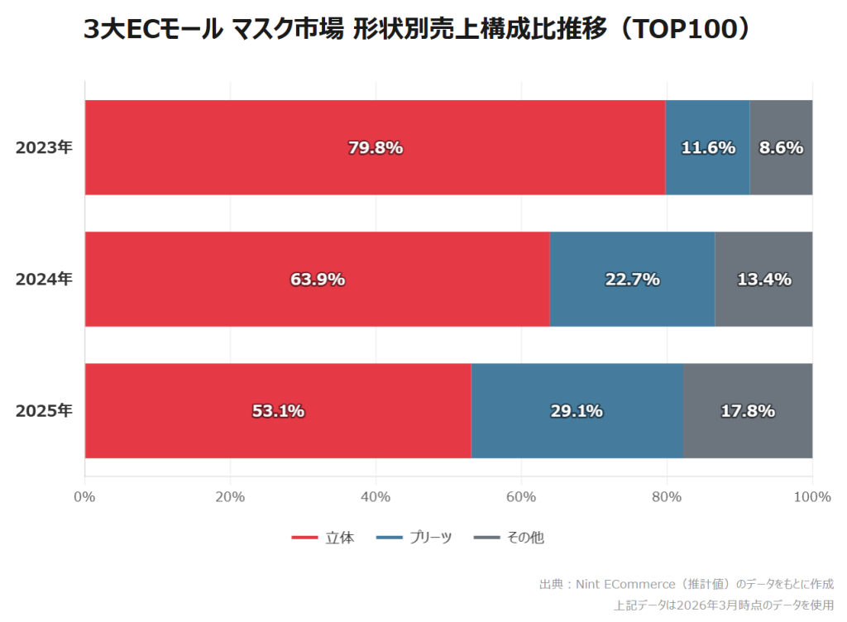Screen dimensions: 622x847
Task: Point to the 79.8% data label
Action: click(376, 148)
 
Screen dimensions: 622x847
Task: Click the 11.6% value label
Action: click(708, 148)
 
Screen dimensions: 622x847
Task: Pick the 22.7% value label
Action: click(633, 280)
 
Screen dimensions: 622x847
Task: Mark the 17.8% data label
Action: click(748, 411)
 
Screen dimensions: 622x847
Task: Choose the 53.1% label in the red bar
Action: click(278, 411)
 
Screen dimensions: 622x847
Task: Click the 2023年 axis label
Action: click(44, 148)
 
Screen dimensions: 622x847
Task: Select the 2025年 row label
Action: click(44, 411)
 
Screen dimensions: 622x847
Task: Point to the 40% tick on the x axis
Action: click(376, 497)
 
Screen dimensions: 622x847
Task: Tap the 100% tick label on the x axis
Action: click(811, 497)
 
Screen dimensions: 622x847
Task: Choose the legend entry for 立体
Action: click(323, 538)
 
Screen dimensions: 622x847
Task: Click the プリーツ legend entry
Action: click(414, 538)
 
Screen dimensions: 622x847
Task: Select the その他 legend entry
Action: click(510, 538)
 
